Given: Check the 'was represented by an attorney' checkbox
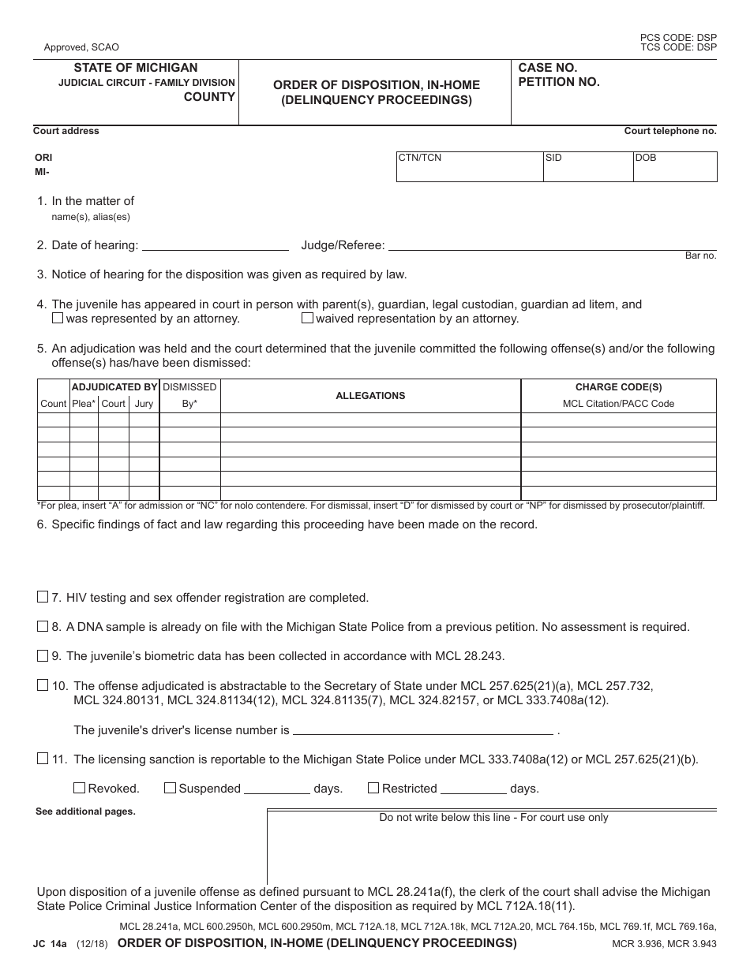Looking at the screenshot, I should tap(58, 319).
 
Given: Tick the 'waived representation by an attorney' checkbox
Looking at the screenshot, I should tap(308, 319).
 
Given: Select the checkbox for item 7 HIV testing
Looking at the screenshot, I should tap(43, 598).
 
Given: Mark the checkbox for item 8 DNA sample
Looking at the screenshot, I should tap(43, 627).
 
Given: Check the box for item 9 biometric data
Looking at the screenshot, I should tap(43, 655).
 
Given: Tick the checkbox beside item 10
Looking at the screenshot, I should tap(43, 685).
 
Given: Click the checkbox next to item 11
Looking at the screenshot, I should tap(43, 759).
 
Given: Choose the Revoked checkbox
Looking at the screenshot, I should tap(79, 788).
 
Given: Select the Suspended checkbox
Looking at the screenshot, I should tap(170, 788).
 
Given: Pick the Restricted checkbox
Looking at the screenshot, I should tap(373, 788).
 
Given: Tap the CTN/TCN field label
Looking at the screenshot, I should tap(420, 158).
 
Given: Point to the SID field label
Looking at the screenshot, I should tap(553, 158).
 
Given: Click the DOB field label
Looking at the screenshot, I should tap(646, 158).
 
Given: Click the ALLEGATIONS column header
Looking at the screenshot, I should tap(370, 396).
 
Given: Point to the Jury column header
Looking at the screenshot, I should tap(144, 404).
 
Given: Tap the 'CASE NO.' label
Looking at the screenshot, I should tap(548, 68).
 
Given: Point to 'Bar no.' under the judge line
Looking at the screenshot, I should tap(699, 256).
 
